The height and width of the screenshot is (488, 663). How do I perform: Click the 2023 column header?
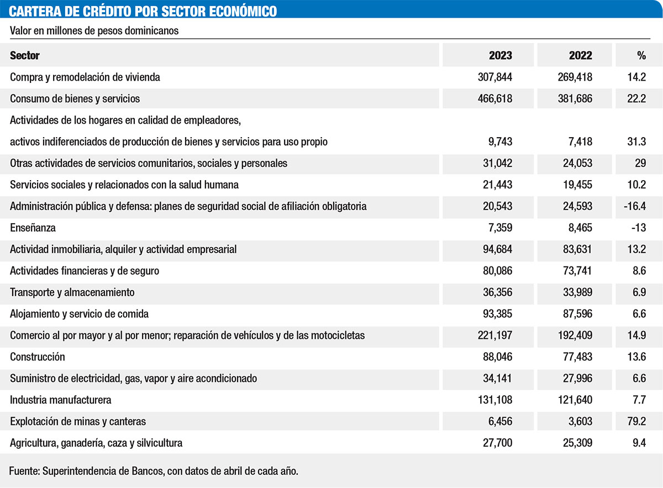[500, 55]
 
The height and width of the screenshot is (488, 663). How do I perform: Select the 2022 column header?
[580, 55]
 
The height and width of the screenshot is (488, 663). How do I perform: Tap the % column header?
[641, 55]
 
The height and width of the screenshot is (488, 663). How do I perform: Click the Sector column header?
[25, 55]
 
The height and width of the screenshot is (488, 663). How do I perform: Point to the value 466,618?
[495, 99]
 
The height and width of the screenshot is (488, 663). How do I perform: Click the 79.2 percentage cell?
[636, 422]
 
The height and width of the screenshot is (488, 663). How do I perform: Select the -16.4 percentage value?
[634, 206]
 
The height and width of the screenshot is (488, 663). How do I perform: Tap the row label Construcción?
[38, 357]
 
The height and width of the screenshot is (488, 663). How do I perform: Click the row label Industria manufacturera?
[61, 400]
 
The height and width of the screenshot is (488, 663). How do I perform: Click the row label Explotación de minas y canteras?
[78, 422]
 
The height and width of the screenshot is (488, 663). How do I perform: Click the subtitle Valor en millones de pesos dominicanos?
[94, 31]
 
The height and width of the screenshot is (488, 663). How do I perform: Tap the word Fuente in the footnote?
[24, 471]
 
